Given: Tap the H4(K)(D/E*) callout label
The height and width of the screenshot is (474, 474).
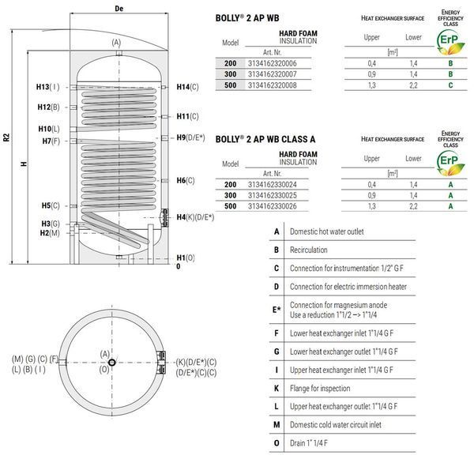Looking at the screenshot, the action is click(x=195, y=217).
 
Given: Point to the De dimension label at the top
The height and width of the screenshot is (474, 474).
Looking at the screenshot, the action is click(x=119, y=9).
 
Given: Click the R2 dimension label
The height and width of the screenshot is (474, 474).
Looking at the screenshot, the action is click(x=6, y=137).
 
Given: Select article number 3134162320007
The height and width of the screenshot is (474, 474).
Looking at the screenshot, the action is click(x=273, y=74).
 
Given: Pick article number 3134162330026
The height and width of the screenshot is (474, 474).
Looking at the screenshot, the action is click(x=273, y=206).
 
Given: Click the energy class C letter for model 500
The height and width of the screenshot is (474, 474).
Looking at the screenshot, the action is click(x=450, y=85).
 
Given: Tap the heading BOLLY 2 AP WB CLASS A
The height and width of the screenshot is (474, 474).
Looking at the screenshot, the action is click(x=265, y=139).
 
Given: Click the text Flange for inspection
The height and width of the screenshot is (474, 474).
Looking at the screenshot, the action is click(x=320, y=388).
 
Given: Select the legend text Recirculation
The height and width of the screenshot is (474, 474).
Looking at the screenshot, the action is click(x=309, y=250).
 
